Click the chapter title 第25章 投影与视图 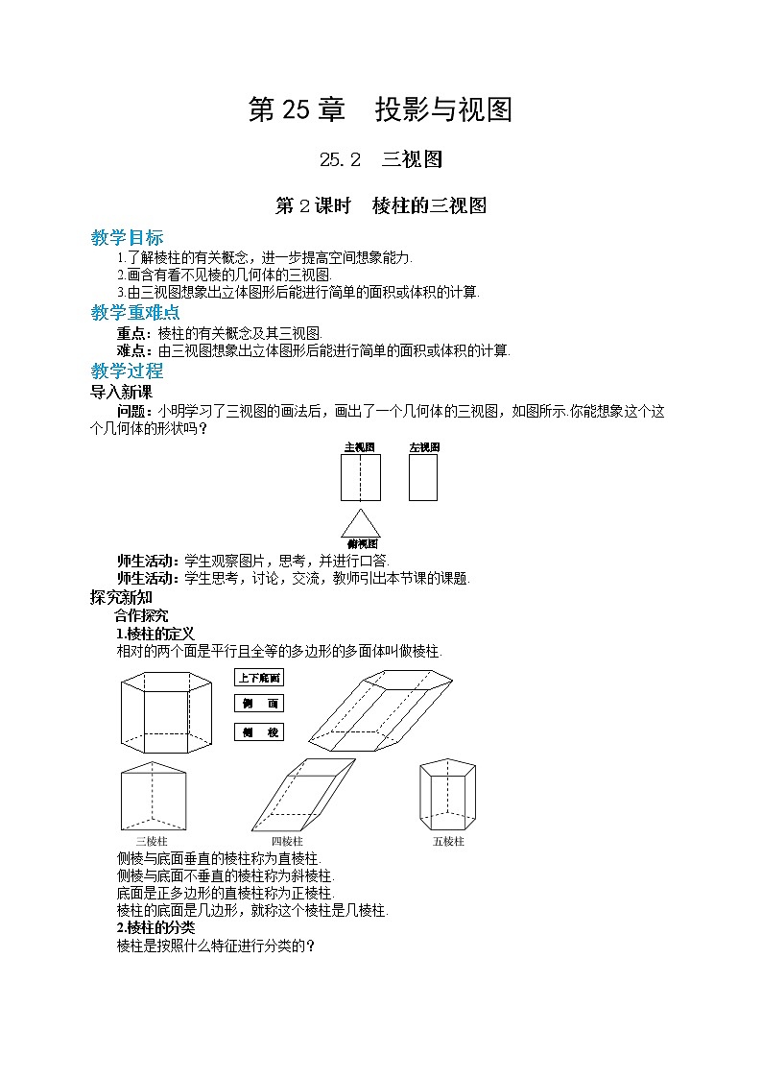[x=380, y=110]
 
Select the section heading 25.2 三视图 [x=380, y=160]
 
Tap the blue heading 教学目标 [x=127, y=238]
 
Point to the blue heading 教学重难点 [x=134, y=313]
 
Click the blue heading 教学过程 [x=127, y=371]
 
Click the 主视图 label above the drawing [x=359, y=447]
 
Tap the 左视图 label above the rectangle [x=423, y=447]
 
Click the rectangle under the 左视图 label [x=423, y=477]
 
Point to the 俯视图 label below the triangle [x=362, y=544]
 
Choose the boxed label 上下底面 [x=259, y=677]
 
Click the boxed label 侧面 [x=259, y=704]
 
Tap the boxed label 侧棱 [x=259, y=732]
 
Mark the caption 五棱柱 [x=448, y=841]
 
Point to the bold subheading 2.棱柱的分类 [x=155, y=927]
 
